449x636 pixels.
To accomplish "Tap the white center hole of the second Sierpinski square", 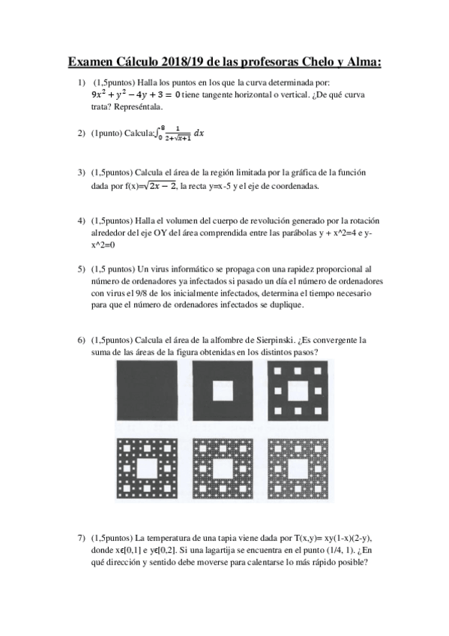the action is click(223, 391).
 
